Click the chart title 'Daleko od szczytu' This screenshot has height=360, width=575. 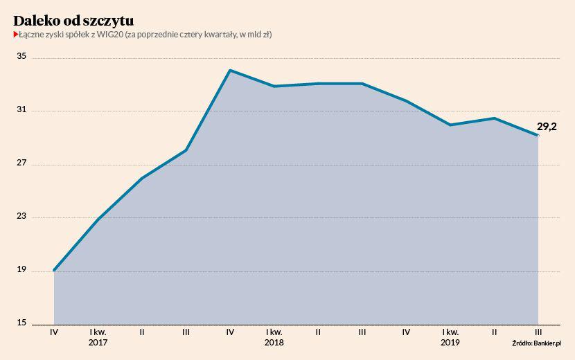[x=73, y=19]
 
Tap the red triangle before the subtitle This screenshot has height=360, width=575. [x=15, y=34]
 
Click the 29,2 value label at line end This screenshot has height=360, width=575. [x=547, y=127]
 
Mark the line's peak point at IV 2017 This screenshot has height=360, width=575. [x=230, y=70]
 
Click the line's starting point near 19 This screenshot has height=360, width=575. [x=54, y=270]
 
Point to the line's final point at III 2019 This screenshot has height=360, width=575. [x=538, y=135]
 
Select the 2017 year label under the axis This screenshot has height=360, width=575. [x=98, y=342]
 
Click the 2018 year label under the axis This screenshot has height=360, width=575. [x=274, y=342]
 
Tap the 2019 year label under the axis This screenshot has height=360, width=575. [x=450, y=342]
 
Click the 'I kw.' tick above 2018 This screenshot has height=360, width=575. [x=274, y=332]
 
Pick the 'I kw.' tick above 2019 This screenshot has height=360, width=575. [x=450, y=332]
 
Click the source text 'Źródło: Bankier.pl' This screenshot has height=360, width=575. [x=537, y=342]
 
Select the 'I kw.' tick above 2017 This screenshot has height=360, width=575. [x=98, y=332]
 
